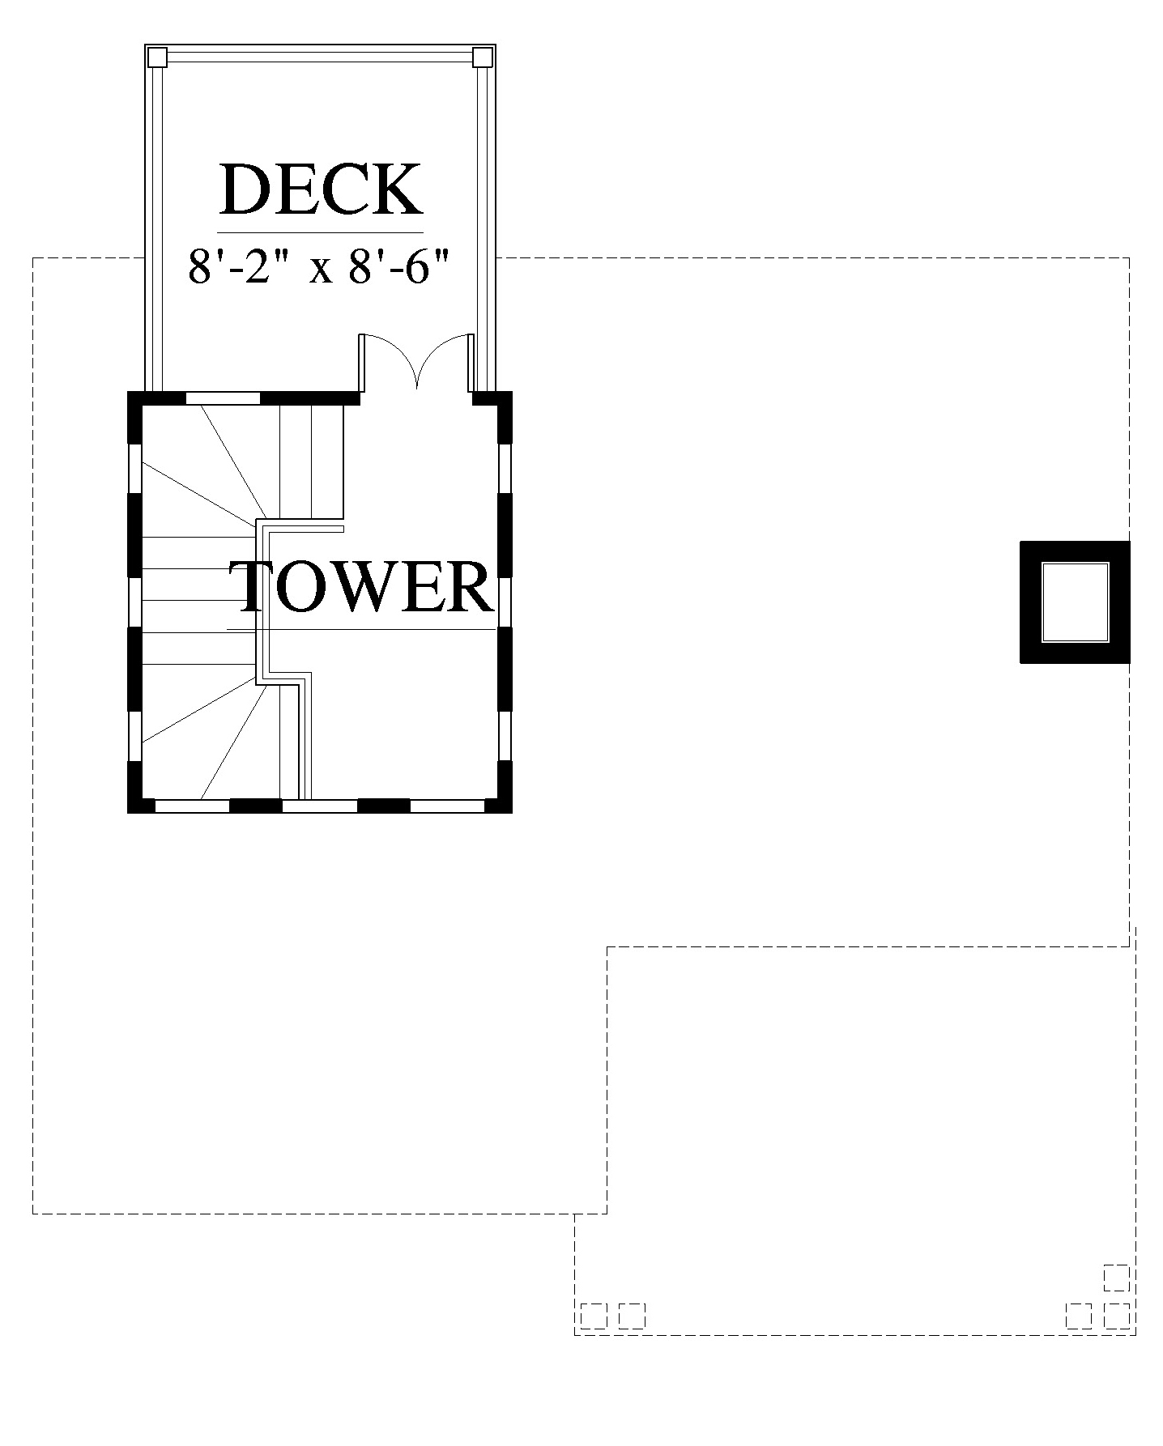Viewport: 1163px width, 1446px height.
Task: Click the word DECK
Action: (321, 189)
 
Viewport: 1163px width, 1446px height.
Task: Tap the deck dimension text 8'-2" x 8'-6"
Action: (318, 266)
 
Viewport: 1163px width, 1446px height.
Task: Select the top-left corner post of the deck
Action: (157, 57)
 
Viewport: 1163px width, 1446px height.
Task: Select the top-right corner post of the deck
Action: (482, 57)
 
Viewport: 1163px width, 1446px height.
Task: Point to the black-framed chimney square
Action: (1074, 602)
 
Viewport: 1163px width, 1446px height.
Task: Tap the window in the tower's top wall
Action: (223, 398)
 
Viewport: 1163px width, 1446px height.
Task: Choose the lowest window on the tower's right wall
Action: (505, 736)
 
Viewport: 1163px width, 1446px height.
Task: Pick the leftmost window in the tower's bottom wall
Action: (192, 806)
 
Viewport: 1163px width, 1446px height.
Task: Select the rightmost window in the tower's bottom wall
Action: (447, 806)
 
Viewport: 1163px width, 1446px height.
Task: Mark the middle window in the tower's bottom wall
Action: (319, 806)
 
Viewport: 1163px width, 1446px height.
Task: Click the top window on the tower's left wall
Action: (134, 467)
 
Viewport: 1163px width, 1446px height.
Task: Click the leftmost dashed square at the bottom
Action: (593, 1316)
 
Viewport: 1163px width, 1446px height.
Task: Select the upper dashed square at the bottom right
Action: (1116, 1278)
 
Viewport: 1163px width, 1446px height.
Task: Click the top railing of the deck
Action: (320, 57)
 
